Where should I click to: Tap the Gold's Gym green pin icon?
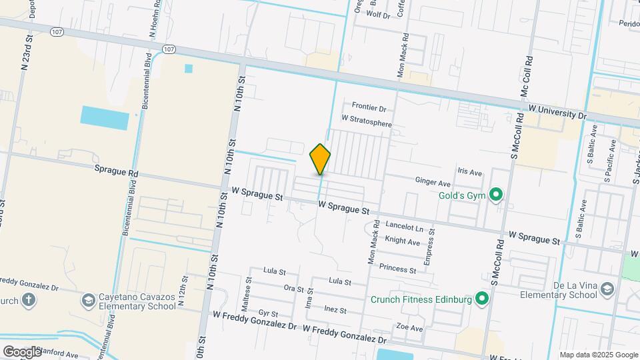[495, 195]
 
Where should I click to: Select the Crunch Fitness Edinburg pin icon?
[480, 299]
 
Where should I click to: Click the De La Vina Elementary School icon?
[606, 289]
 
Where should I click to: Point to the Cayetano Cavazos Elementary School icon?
[88, 301]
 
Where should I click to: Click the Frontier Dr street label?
[369, 107]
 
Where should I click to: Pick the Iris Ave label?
[469, 172]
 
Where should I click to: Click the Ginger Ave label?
[433, 181]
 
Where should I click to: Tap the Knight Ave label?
[403, 241]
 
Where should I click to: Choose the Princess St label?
[397, 269]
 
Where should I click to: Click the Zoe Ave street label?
[409, 328]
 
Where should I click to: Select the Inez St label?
[335, 310]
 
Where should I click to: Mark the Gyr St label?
[268, 313]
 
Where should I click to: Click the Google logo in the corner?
[21, 351]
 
